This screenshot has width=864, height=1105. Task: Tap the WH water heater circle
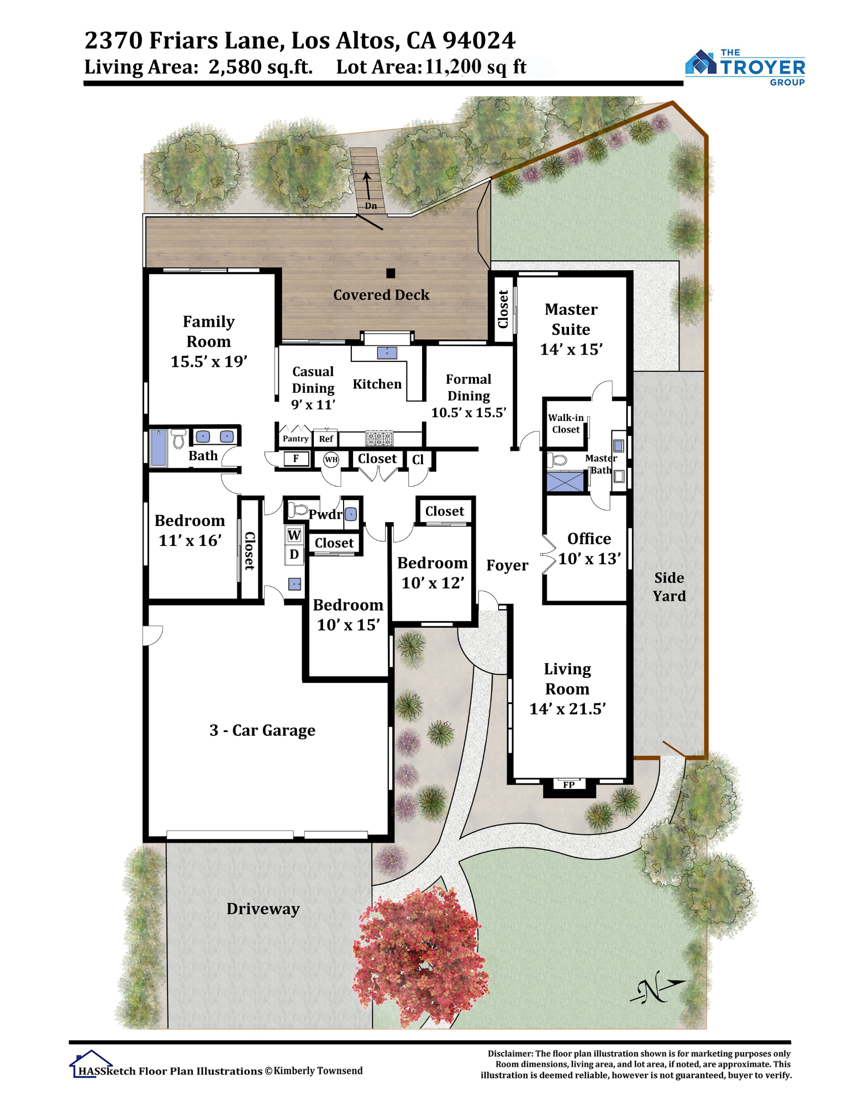pyautogui.click(x=331, y=459)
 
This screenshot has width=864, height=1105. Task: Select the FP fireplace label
pyautogui.click(x=569, y=785)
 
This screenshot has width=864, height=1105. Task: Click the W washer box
pyautogui.click(x=294, y=535)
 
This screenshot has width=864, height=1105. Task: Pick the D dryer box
pyautogui.click(x=294, y=554)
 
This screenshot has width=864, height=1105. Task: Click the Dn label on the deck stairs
pyautogui.click(x=371, y=206)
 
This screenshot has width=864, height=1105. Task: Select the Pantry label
pyautogui.click(x=296, y=439)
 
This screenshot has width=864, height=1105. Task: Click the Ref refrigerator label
pyautogui.click(x=326, y=439)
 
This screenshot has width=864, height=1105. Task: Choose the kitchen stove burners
pyautogui.click(x=380, y=439)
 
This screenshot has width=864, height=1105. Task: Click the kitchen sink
pyautogui.click(x=387, y=352)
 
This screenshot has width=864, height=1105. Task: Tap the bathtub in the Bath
pyautogui.click(x=159, y=448)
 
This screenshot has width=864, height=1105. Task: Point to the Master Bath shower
pyautogui.click(x=565, y=481)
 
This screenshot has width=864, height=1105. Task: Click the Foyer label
pyautogui.click(x=507, y=565)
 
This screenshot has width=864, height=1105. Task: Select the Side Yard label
pyautogui.click(x=669, y=587)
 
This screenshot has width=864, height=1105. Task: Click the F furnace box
pyautogui.click(x=296, y=459)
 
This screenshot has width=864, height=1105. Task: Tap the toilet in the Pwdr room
pyautogui.click(x=298, y=509)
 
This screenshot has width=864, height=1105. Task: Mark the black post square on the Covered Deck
pyautogui.click(x=391, y=273)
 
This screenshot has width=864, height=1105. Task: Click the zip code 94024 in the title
pyautogui.click(x=479, y=40)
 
